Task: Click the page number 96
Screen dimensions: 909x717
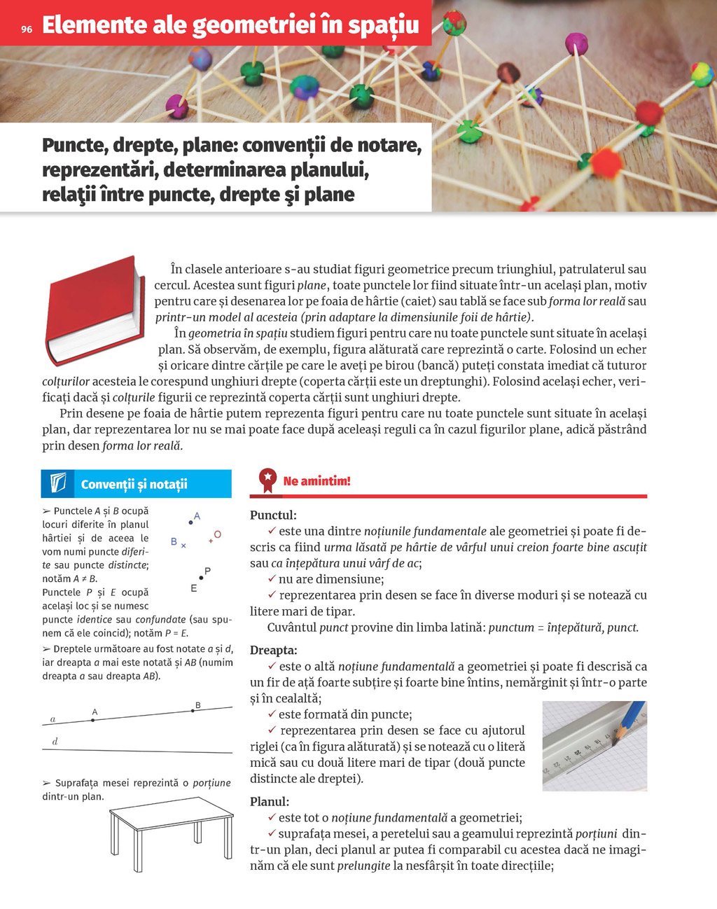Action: [27, 29]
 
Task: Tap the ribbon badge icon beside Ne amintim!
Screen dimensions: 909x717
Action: [267, 480]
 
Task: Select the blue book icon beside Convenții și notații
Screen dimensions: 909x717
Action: [58, 484]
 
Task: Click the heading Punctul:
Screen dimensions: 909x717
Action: [273, 515]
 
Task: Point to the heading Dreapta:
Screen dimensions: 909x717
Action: [274, 650]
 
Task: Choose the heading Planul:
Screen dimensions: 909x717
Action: [270, 801]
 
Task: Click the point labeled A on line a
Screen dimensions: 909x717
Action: [92, 719]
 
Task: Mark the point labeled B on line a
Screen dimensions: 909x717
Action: [193, 711]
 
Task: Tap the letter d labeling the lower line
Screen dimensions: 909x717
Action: [55, 742]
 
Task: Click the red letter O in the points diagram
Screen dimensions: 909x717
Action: [218, 534]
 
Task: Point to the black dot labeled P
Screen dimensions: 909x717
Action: [201, 578]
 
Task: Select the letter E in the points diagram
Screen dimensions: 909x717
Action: [194, 588]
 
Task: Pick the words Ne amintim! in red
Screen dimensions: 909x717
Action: [316, 481]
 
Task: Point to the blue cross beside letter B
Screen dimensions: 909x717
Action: [183, 546]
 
